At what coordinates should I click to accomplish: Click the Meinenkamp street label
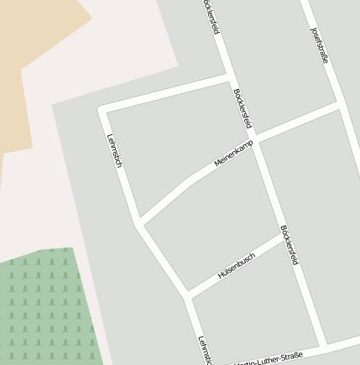[x=233, y=154]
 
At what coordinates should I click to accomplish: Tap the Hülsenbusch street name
[x=236, y=266]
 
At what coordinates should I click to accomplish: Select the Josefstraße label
[x=320, y=45]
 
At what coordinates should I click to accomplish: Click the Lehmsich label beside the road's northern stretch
[x=114, y=151]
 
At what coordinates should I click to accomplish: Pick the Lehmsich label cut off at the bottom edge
[x=203, y=351]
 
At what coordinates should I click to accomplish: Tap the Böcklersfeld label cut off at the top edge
[x=211, y=17]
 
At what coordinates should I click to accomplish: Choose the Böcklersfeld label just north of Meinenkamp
[x=243, y=109]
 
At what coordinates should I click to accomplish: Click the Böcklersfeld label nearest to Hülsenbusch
[x=290, y=244]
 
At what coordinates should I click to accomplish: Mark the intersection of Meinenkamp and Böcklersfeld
[x=255, y=138]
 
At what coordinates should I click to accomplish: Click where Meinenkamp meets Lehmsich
[x=138, y=223]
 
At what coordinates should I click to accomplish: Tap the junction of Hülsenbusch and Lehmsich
[x=186, y=295]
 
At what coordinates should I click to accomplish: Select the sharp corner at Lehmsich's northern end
[x=102, y=109]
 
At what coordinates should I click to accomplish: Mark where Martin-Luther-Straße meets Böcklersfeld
[x=321, y=346]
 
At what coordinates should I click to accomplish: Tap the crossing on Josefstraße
[x=337, y=105]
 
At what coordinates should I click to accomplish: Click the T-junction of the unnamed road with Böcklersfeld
[x=229, y=78]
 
